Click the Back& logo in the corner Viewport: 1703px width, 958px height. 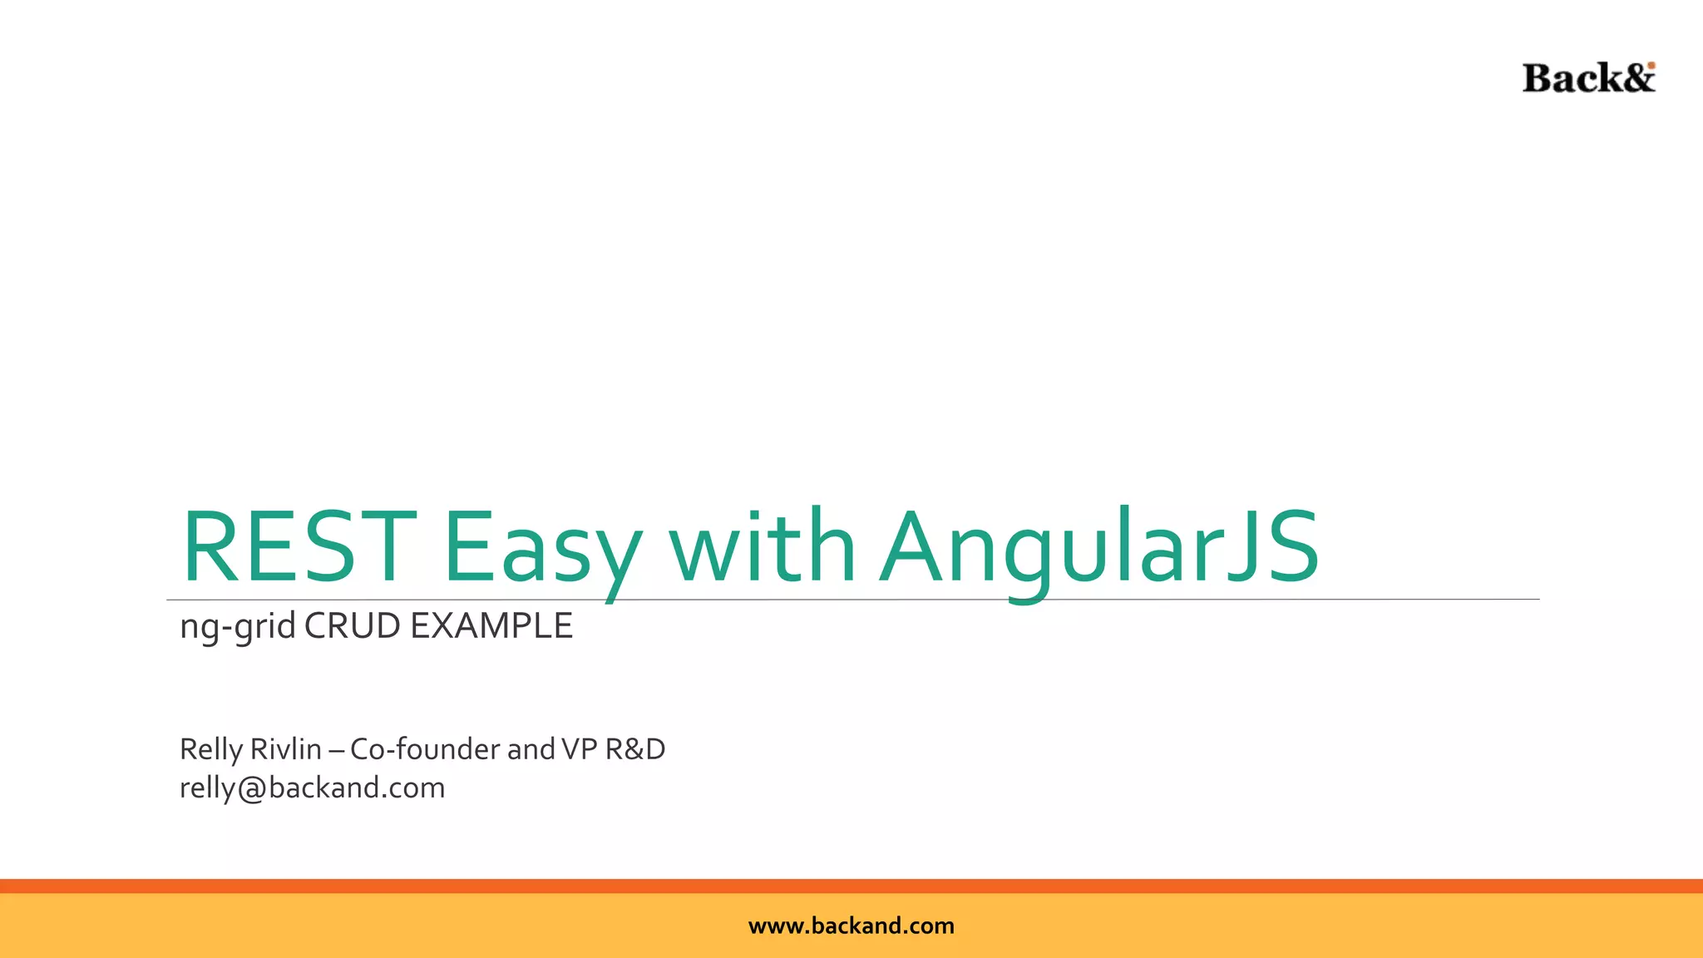[1588, 78]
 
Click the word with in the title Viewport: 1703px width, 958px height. [763, 547]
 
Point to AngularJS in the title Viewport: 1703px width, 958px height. [1099, 549]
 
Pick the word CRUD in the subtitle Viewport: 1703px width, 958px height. [352, 626]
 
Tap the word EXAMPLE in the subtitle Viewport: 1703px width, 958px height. [491, 626]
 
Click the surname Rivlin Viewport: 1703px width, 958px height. [285, 749]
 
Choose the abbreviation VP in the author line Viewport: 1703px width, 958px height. [580, 749]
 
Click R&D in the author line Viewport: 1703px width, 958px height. [635, 749]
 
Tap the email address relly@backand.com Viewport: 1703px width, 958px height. [313, 788]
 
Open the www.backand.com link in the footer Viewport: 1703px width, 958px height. [851, 926]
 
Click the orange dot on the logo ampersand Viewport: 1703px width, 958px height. [1651, 66]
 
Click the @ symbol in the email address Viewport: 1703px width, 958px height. [251, 788]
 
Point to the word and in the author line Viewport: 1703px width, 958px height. [531, 749]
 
